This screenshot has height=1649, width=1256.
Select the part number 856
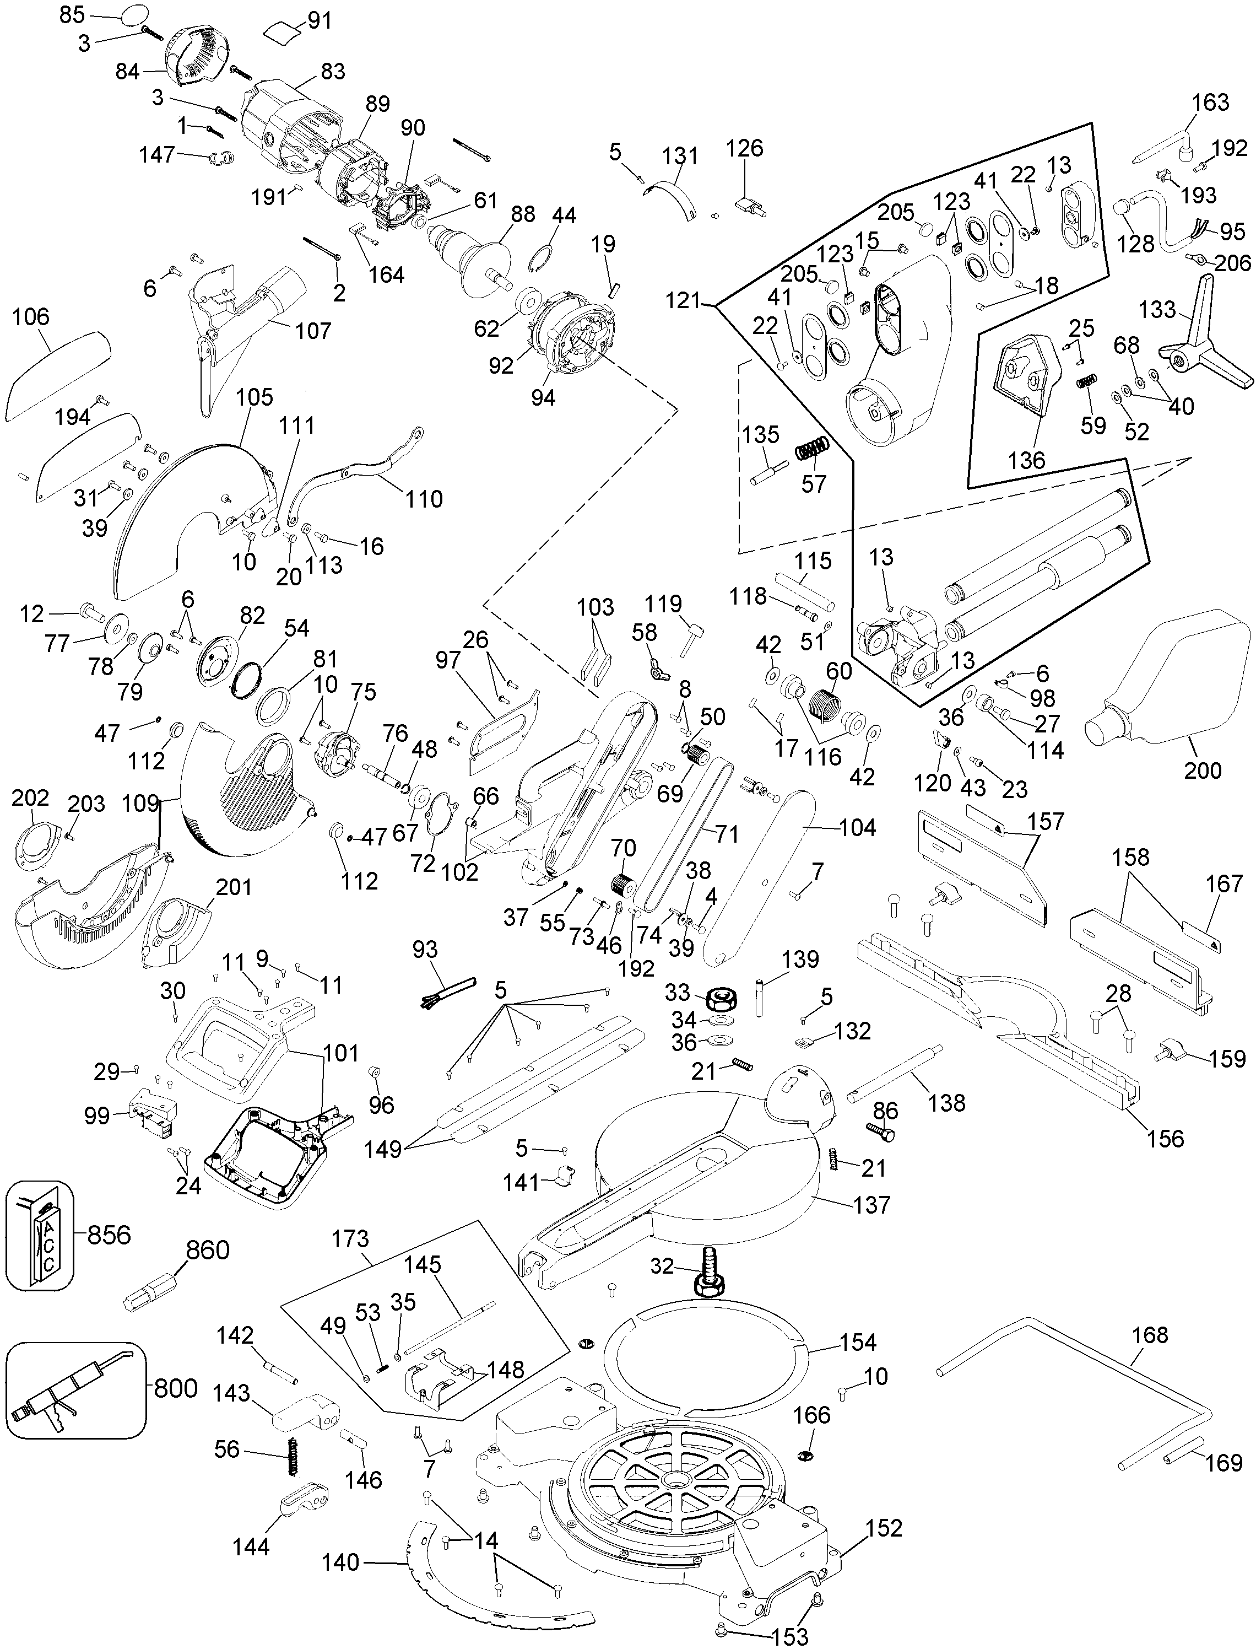(x=109, y=1234)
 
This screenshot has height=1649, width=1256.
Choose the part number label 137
(x=871, y=1205)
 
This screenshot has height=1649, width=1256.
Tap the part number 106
(x=31, y=317)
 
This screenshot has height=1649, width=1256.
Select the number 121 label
(x=683, y=301)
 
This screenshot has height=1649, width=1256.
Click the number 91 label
(x=320, y=21)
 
